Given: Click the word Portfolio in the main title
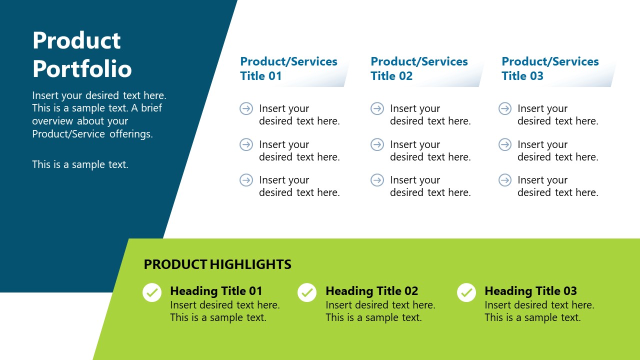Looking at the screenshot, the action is [82, 69].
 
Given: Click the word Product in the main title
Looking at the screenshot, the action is [76, 40].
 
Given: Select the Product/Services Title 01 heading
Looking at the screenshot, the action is [288, 68].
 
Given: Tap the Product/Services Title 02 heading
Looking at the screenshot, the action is [419, 68].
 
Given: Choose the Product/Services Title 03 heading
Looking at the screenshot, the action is [550, 68].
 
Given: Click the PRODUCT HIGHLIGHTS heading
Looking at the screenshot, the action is [217, 264].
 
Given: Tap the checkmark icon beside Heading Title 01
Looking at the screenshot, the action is [152, 292].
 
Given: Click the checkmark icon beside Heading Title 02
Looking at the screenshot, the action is [307, 292].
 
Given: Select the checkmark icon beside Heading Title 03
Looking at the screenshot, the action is [466, 292].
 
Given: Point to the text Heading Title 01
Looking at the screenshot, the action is [216, 291].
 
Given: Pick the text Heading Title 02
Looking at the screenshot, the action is [371, 291].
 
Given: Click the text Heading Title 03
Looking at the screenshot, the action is [530, 291].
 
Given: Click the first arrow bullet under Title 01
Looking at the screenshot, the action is [246, 108].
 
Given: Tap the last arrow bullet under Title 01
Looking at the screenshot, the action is [246, 180].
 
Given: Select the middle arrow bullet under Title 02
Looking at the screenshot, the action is [377, 144].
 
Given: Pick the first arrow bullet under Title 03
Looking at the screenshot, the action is [505, 108].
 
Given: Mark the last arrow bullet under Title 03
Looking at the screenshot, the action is [505, 180].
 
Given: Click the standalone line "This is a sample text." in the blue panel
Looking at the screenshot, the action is [80, 164].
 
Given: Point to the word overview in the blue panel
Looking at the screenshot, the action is [52, 121].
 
